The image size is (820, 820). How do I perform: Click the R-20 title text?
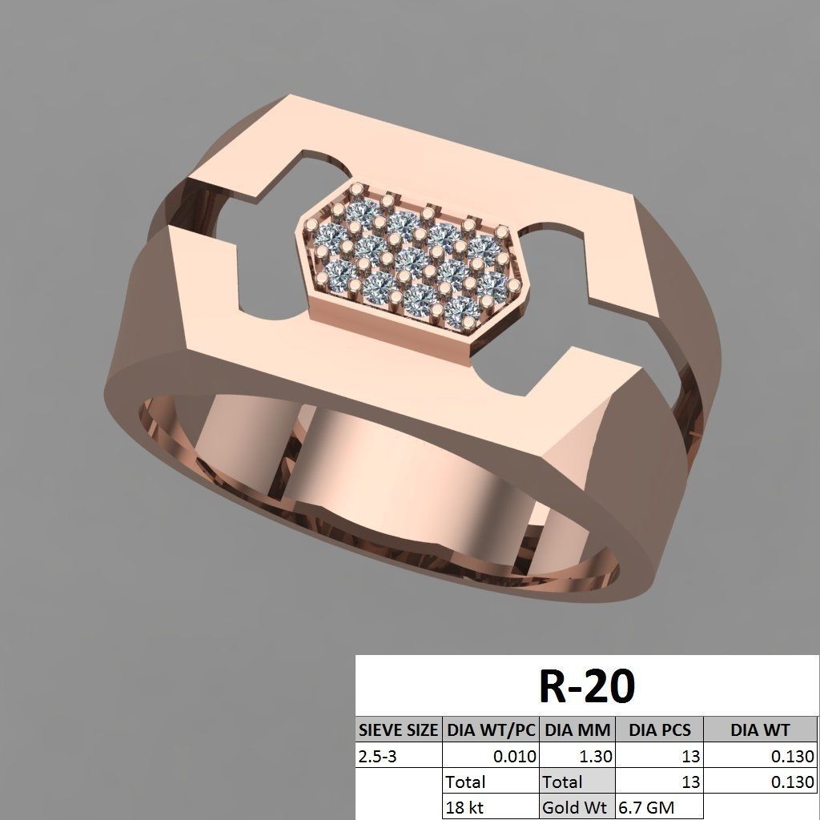[587, 686]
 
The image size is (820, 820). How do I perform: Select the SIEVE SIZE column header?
[398, 730]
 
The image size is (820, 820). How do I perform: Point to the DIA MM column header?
[577, 730]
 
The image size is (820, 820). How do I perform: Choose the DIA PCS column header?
[659, 730]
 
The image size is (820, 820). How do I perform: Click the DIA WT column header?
[760, 730]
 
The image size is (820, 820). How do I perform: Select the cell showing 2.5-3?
[398, 755]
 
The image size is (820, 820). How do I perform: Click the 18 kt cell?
[491, 807]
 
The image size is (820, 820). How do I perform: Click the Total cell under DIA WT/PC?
[491, 782]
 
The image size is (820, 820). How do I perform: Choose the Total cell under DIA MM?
[577, 782]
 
